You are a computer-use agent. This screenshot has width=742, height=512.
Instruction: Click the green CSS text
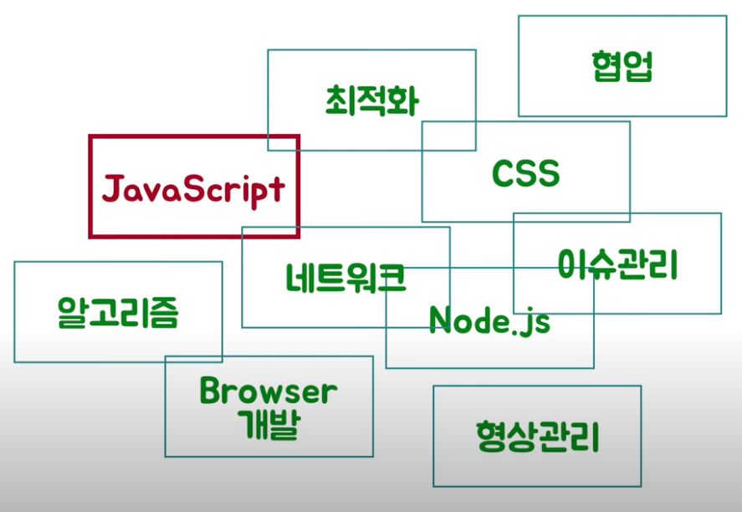tap(525, 173)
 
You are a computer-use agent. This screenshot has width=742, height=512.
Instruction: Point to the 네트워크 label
tap(345, 277)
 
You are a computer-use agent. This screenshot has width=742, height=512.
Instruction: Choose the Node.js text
tap(489, 320)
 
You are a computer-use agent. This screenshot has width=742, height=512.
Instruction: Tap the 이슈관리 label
tap(617, 264)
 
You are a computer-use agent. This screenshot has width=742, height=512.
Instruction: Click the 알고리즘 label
tap(118, 312)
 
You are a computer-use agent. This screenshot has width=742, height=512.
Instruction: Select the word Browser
tap(269, 390)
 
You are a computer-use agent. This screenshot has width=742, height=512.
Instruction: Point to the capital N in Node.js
tap(440, 319)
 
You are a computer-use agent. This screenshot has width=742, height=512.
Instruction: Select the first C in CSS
tap(503, 173)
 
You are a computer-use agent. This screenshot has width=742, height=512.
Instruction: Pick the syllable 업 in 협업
tap(637, 66)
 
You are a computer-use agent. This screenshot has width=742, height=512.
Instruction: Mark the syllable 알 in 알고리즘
tap(72, 312)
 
